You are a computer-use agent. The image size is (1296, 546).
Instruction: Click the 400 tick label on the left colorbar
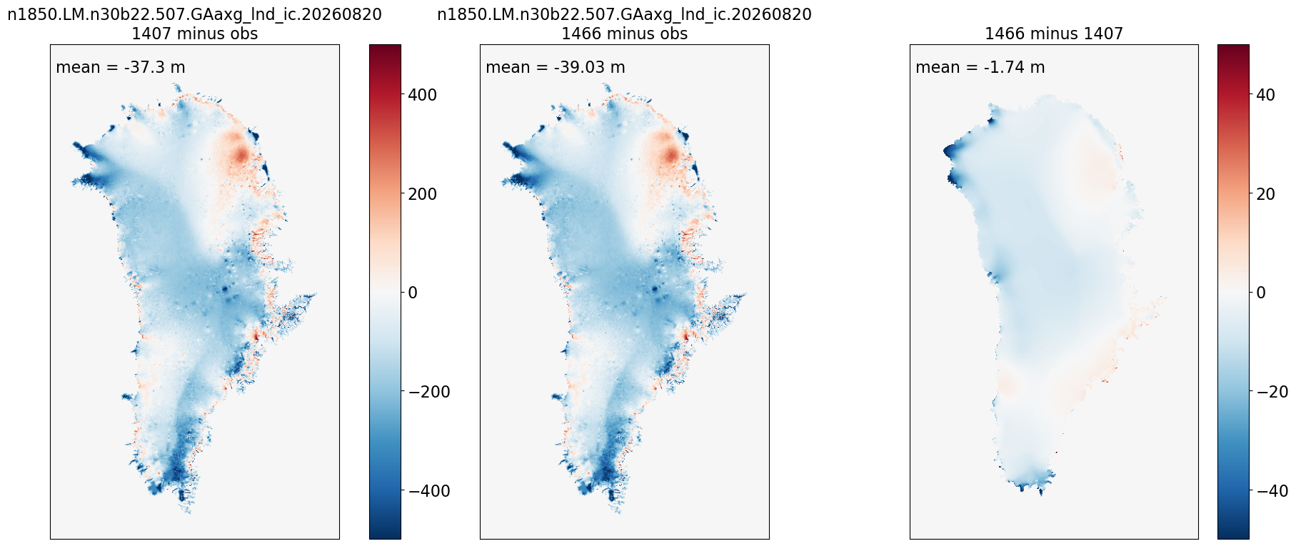pyautogui.click(x=423, y=95)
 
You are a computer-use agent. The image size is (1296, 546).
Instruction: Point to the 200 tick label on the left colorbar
pyautogui.click(x=423, y=194)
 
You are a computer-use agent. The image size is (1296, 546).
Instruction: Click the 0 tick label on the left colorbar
pyautogui.click(x=413, y=293)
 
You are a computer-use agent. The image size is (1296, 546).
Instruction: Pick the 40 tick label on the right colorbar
pyautogui.click(x=1265, y=95)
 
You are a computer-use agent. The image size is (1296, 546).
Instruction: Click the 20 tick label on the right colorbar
pyautogui.click(x=1265, y=194)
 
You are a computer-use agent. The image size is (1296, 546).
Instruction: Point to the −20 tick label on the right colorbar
pyautogui.click(x=1272, y=392)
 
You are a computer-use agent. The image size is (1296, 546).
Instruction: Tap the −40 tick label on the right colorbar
pyautogui.click(x=1272, y=491)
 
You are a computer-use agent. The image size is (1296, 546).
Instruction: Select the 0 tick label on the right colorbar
pyautogui.click(x=1261, y=293)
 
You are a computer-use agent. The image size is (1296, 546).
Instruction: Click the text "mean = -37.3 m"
pyautogui.click(x=121, y=68)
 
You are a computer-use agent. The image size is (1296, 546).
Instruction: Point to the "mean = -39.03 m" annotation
pyautogui.click(x=556, y=68)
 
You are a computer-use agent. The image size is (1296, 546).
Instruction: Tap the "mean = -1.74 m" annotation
pyautogui.click(x=980, y=68)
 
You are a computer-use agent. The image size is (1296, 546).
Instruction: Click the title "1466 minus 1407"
pyautogui.click(x=1054, y=34)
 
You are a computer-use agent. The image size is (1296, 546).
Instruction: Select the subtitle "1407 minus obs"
pyautogui.click(x=195, y=34)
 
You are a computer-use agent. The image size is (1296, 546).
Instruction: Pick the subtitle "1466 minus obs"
pyautogui.click(x=625, y=34)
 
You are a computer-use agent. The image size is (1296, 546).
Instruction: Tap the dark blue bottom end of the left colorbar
pyautogui.click(x=385, y=535)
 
